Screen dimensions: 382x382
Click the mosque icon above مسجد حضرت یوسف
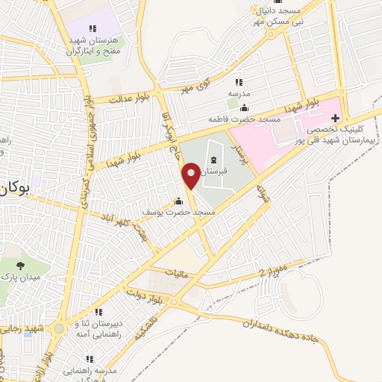coord(178,201)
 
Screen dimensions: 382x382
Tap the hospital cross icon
coord(335,118)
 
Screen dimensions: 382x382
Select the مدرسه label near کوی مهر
coord(239,95)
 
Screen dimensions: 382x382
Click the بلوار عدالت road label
coord(125,98)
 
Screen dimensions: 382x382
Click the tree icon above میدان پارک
coord(19,266)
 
